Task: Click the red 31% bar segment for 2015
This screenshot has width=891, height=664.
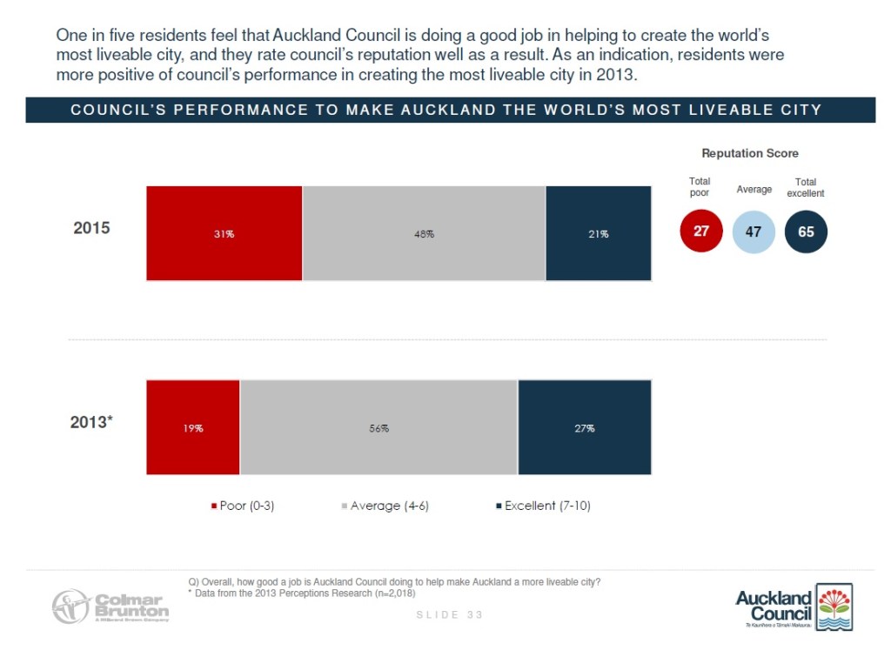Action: (x=224, y=233)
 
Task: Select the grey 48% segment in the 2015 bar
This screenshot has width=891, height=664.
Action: (x=424, y=233)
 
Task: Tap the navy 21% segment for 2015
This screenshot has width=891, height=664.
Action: (x=598, y=233)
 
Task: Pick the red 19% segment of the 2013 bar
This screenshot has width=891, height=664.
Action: (x=193, y=427)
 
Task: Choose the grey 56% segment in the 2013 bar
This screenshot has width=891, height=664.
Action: (x=379, y=427)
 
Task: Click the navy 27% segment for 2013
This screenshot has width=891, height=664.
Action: (x=584, y=427)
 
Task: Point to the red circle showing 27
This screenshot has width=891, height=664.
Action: (x=700, y=232)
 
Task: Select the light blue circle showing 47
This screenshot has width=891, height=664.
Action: (x=754, y=232)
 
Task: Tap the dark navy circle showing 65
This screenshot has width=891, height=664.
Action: (x=806, y=232)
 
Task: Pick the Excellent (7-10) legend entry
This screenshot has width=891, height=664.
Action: (x=542, y=506)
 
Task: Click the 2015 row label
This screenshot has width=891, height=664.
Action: (x=90, y=229)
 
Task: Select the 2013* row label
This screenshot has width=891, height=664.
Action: (x=91, y=423)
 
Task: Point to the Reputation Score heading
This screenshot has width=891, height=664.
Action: (x=750, y=153)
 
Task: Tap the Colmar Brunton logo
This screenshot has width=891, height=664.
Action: (x=110, y=607)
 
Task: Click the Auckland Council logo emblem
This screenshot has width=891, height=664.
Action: (x=834, y=607)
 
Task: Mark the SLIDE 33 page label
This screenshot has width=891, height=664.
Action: (x=449, y=614)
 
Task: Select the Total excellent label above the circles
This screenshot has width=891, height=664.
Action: (x=806, y=187)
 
